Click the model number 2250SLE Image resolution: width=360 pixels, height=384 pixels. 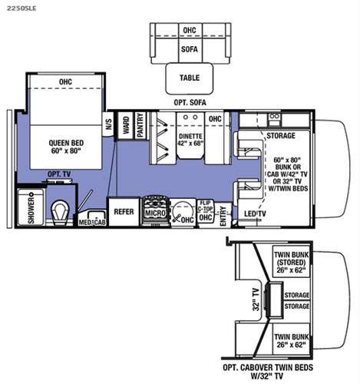[21, 8]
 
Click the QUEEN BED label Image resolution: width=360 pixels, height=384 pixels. [66, 143]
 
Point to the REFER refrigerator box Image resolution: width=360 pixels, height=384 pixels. [124, 212]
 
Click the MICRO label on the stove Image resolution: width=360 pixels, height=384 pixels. [155, 213]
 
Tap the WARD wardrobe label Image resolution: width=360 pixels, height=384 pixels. [126, 125]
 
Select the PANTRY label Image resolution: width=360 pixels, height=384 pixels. [140, 125]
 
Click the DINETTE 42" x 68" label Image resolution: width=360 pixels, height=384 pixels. [190, 140]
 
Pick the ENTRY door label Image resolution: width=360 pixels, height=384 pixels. [223, 217]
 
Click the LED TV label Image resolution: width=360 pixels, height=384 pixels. [255, 214]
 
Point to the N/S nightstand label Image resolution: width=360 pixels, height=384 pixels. [108, 124]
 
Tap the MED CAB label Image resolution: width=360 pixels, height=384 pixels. [92, 222]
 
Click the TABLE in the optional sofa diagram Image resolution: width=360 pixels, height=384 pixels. [190, 78]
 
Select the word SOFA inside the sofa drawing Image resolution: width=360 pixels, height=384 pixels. [190, 49]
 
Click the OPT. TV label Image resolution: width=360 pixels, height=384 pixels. [59, 174]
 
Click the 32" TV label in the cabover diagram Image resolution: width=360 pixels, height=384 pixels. [256, 300]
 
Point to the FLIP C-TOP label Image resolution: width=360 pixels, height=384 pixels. [206, 206]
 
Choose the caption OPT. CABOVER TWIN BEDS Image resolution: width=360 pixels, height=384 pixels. [268, 368]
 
